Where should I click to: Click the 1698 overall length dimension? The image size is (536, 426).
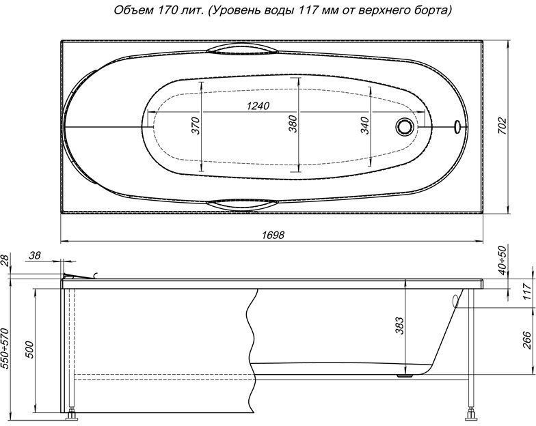point(272,234)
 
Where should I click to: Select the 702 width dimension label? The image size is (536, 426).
point(502,126)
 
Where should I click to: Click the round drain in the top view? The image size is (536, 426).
point(405,126)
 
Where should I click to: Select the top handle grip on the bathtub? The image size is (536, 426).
point(239,50)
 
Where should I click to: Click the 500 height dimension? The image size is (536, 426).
point(29,352)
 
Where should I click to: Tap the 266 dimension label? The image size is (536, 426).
point(526,339)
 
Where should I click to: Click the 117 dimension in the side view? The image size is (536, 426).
point(526,292)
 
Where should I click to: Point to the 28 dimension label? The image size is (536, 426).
point(6,259)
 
